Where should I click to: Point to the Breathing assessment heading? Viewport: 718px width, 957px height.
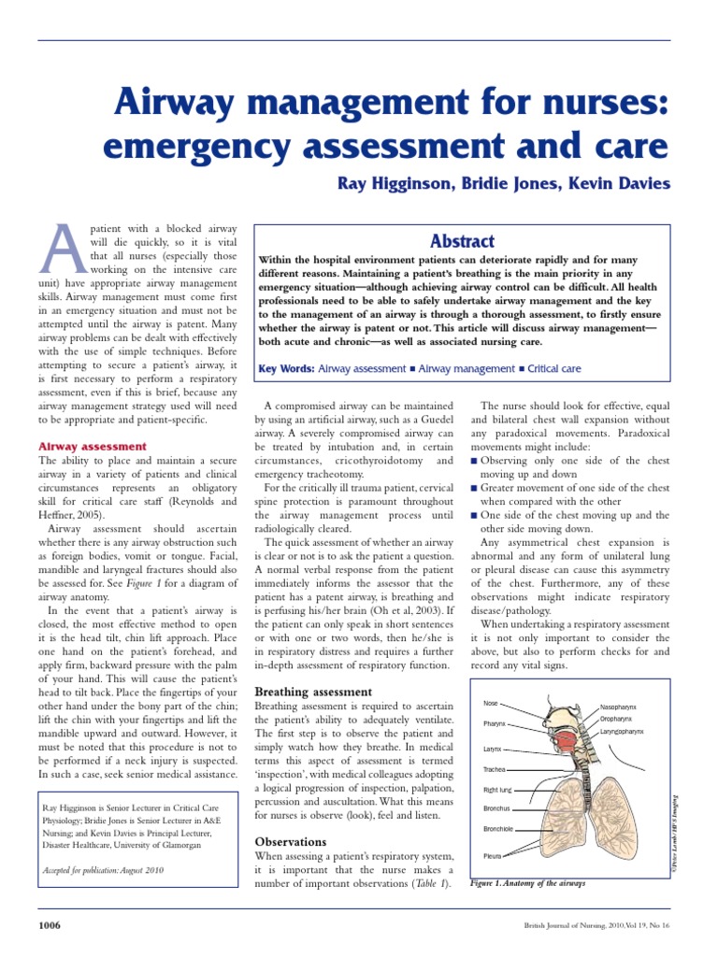pos(313,692)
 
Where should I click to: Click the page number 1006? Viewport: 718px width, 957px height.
pos(49,925)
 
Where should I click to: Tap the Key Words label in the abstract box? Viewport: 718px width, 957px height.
pos(286,369)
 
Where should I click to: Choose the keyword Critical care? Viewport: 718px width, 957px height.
pos(554,369)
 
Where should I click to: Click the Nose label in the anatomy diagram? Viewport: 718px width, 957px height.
pos(490,703)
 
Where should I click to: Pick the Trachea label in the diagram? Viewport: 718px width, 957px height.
pos(495,769)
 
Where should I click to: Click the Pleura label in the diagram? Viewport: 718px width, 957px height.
pos(492,855)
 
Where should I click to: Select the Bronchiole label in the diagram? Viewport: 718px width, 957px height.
pos(497,829)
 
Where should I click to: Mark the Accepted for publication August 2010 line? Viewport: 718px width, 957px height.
pos(103,870)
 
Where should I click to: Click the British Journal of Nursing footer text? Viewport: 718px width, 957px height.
pos(596,925)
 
